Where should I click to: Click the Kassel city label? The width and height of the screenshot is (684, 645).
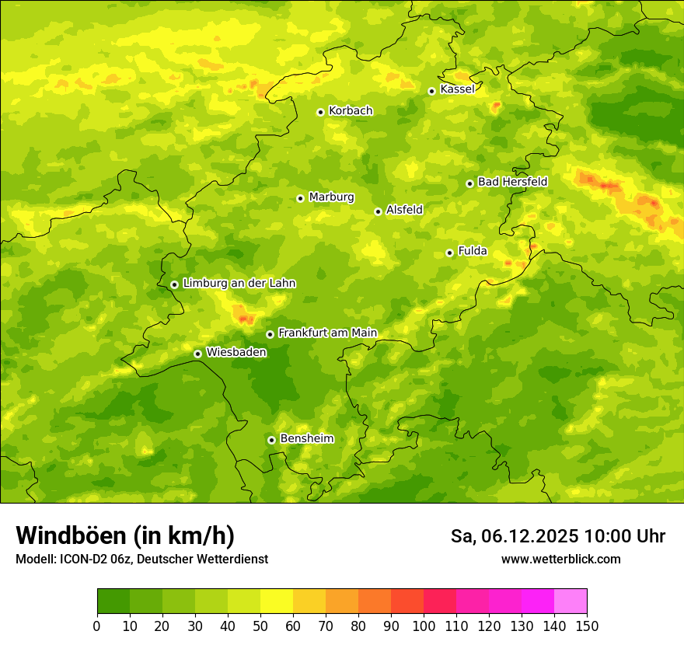[x=457, y=89]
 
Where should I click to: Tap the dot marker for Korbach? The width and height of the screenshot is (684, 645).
[x=320, y=112]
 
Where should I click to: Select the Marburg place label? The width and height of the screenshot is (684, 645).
[x=331, y=197]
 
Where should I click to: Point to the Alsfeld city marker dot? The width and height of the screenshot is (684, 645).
[x=378, y=211]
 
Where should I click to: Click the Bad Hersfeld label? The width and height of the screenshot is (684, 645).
[x=512, y=182]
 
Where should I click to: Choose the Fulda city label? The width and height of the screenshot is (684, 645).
[x=473, y=251]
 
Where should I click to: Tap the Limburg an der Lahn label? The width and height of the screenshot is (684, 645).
[x=239, y=284]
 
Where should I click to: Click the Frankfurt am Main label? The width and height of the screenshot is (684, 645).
[x=327, y=333]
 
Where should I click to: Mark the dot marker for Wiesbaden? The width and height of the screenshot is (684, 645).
[x=197, y=354]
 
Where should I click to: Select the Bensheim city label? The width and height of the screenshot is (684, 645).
[x=306, y=438]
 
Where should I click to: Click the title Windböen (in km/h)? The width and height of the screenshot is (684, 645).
[x=125, y=535]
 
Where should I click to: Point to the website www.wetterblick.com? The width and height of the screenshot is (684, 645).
[x=561, y=559]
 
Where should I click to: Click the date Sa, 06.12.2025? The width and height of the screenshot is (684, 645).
[x=514, y=536]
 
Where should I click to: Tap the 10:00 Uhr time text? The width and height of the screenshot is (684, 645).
[x=625, y=536]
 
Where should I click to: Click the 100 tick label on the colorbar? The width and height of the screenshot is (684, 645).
[x=424, y=626]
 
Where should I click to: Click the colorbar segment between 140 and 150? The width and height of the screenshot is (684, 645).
[x=571, y=601]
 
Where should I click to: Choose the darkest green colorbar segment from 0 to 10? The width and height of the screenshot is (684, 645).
[x=113, y=601]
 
